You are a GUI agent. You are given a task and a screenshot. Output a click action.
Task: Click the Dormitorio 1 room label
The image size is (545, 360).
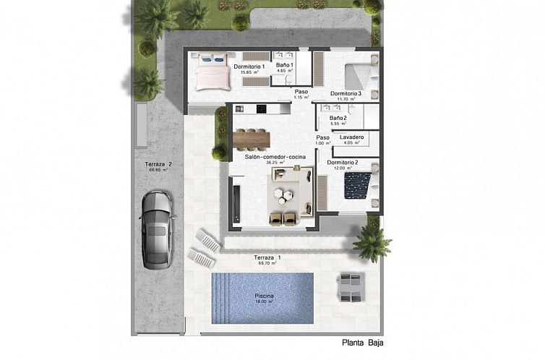(x=249, y=67)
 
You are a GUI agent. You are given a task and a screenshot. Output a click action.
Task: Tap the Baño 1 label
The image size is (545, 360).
(x=284, y=65)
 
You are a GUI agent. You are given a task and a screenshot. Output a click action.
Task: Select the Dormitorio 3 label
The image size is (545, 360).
(x=345, y=93)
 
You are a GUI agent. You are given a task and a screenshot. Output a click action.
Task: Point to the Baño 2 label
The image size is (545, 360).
(x=338, y=118)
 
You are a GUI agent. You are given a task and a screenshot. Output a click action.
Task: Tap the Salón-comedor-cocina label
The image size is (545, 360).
(x=275, y=157)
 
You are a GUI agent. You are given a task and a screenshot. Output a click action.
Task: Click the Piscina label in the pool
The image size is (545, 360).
(x=264, y=296)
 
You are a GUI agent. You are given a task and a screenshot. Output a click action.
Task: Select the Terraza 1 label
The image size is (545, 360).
(x=267, y=258)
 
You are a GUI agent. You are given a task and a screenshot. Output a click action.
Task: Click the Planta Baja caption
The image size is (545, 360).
(x=364, y=343)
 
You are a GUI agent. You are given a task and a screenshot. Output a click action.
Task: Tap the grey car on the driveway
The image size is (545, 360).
(x=158, y=227)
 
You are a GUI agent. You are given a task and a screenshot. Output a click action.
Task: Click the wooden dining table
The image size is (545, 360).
(x=252, y=137)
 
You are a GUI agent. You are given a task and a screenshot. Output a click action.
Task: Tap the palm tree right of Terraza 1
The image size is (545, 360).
(x=372, y=241)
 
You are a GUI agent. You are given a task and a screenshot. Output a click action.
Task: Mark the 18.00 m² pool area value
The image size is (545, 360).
(x=264, y=302)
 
